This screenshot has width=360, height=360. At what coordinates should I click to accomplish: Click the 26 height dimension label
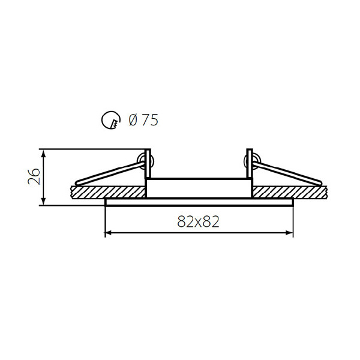pyautogui.click(x=34, y=176)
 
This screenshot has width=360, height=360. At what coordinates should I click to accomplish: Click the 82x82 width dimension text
pyautogui.click(x=199, y=222)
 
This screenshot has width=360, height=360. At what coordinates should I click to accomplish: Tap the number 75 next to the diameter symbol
pyautogui.click(x=149, y=119)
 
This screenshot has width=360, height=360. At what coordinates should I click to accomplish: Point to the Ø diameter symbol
pyautogui.click(x=133, y=119)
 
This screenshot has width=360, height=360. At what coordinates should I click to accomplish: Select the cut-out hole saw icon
pyautogui.click(x=110, y=120)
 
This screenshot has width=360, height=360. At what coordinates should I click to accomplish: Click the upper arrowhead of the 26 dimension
pyautogui.click(x=43, y=154)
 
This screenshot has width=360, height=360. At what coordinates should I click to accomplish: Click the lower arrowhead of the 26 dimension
pyautogui.click(x=43, y=200)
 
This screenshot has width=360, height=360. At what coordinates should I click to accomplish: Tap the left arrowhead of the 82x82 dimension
pyautogui.click(x=109, y=233)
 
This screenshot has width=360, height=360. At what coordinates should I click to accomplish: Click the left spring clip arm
pyautogui.click(x=110, y=173)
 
